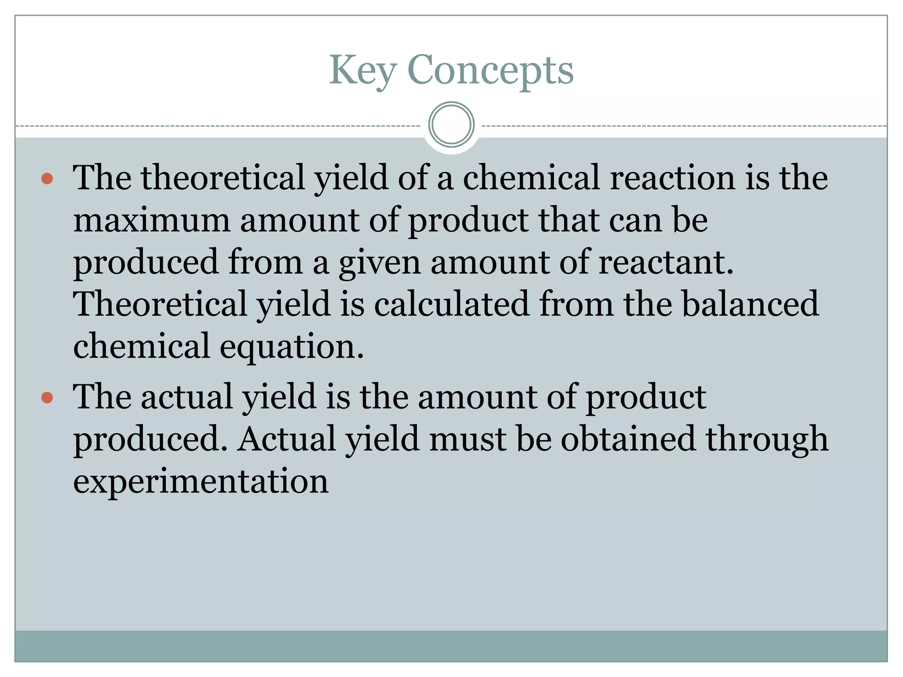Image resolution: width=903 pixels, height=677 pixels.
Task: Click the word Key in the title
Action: pos(362,71)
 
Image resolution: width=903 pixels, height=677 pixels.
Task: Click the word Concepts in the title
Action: pos(490,71)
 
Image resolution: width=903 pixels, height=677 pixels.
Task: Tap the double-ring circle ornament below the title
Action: pos(451,125)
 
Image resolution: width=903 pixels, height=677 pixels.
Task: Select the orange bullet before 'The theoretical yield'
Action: pos(47,179)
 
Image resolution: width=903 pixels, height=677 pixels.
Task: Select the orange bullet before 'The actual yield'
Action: pos(47,398)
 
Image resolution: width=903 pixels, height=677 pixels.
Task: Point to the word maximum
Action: pos(152,220)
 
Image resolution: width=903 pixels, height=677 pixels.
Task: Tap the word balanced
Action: pos(750,304)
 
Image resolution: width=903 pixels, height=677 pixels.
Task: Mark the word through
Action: pos(767,439)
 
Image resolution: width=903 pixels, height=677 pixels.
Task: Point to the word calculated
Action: pos(451,304)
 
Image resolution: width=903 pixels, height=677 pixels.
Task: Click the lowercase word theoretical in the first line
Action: pos(223,178)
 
